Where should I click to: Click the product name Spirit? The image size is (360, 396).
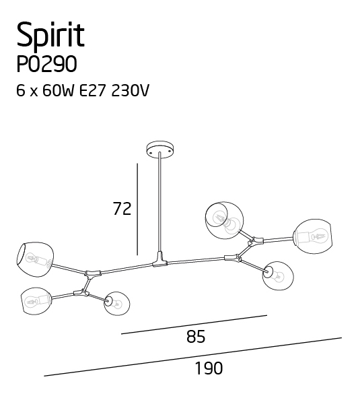tap(50, 35)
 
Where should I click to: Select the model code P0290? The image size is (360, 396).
tap(46, 64)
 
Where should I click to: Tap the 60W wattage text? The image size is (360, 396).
tap(59, 90)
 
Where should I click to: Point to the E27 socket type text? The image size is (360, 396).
tap(92, 90)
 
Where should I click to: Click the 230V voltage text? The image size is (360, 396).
tap(130, 90)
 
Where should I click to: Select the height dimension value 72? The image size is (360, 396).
tap(122, 209)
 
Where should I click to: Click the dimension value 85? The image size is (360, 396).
tap(196, 337)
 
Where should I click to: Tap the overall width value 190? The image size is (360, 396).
tap(209, 368)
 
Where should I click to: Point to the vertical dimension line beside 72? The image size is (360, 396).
tap(137, 209)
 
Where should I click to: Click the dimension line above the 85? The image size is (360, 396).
tap(194, 325)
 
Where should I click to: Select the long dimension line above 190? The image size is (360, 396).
tap(193, 357)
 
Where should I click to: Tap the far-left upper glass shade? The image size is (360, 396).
tap(35, 259)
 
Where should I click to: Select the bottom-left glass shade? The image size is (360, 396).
tap(36, 301)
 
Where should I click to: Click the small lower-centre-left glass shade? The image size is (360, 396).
tap(116, 304)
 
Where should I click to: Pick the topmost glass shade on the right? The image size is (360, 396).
tap(225, 220)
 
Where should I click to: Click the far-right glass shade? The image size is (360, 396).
tap(313, 236)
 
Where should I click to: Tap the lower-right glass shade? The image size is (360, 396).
tap(278, 276)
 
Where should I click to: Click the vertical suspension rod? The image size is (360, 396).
tap(159, 202)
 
